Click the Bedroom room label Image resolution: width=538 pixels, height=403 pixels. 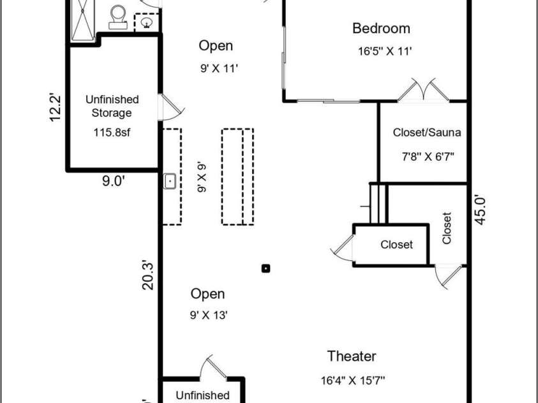381,29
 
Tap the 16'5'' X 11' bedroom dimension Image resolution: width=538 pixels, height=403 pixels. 385,51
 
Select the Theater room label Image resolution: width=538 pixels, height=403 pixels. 352,356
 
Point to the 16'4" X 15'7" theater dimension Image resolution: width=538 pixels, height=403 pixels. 353,380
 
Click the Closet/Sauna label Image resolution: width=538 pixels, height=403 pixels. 426,133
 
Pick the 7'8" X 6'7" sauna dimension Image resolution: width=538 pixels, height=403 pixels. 428,157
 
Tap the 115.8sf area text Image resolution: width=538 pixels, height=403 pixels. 112,132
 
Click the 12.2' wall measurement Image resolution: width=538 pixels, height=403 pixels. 55,107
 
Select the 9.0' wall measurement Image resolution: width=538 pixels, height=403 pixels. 113,181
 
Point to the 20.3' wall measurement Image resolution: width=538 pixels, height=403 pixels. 147,275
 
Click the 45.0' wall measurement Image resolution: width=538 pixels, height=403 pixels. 481,210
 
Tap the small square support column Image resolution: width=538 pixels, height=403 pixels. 266,268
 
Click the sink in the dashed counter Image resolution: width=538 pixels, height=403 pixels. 170,181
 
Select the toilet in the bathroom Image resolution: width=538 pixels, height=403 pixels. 118,17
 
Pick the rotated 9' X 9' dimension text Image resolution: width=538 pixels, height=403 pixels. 202,177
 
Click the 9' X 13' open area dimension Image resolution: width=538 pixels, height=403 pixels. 209,315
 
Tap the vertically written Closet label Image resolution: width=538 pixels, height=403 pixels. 446,228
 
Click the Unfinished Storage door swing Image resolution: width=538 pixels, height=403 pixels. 172,107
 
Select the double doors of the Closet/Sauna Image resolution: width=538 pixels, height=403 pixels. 424,90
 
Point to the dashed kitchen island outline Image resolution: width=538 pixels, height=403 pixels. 238,177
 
